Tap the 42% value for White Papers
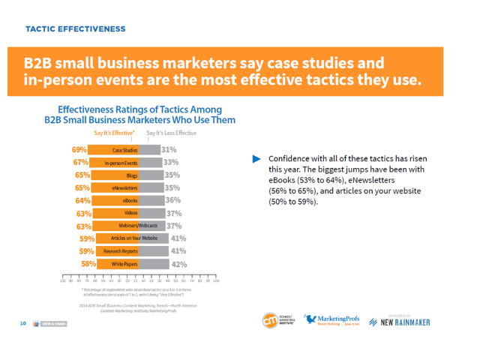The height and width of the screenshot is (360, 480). tap(179, 264)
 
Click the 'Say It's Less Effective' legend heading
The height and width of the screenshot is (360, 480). tap(171, 133)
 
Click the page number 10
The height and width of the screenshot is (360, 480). tap(24, 323)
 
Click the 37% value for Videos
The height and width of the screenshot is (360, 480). tap(174, 214)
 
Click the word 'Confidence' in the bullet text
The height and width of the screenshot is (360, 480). tap(292, 159)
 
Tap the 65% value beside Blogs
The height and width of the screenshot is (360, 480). tap(82, 175)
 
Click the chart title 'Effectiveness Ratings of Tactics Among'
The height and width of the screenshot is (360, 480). tap(139, 109)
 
